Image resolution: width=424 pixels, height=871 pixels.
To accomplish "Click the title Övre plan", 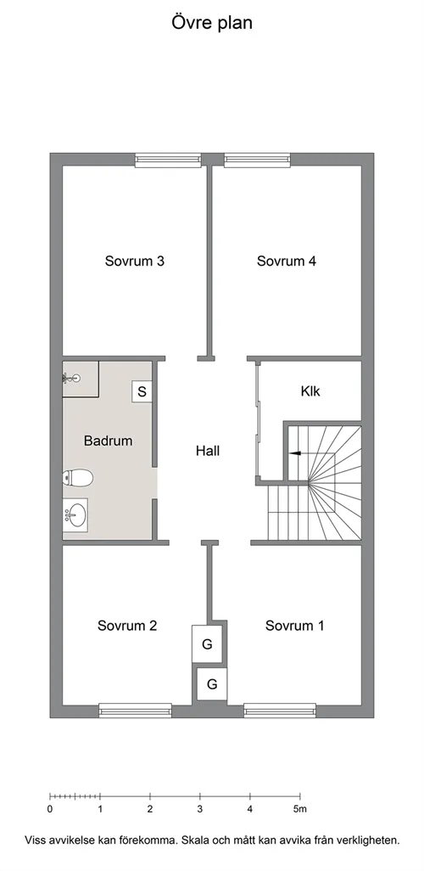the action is tap(212, 23).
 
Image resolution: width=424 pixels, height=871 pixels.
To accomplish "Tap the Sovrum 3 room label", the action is tap(134, 261).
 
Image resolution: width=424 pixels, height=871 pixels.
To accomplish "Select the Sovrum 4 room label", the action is tap(287, 261).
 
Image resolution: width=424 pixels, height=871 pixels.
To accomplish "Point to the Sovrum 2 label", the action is tap(127, 625).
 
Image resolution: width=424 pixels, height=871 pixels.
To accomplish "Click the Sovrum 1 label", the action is tap(294, 625).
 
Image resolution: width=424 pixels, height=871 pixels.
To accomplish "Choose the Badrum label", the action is tap(109, 441).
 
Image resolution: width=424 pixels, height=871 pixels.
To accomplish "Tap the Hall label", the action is tap(208, 451).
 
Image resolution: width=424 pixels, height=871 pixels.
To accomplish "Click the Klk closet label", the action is tap(310, 391).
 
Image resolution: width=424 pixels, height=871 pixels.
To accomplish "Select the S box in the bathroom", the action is tap(142, 391).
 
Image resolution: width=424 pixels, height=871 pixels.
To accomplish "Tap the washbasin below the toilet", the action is tap(75, 514).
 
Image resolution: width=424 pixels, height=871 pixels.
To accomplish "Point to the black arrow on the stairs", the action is tap(295, 453).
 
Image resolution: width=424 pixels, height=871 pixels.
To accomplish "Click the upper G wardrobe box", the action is tap(207, 643).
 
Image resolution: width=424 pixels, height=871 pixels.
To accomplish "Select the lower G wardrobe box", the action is tap(212, 683).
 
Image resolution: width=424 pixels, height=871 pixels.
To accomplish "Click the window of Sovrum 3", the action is tap(168, 160).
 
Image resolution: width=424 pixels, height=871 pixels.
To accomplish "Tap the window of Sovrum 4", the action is tap(258, 160).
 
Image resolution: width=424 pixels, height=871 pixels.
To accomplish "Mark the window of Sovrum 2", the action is tap(136, 711).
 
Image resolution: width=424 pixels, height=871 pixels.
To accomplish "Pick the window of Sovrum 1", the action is tap(280, 711).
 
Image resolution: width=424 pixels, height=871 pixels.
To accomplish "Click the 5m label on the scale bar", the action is tap(299, 809).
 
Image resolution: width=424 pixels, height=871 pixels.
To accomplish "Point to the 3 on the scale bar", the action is tap(200, 809).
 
